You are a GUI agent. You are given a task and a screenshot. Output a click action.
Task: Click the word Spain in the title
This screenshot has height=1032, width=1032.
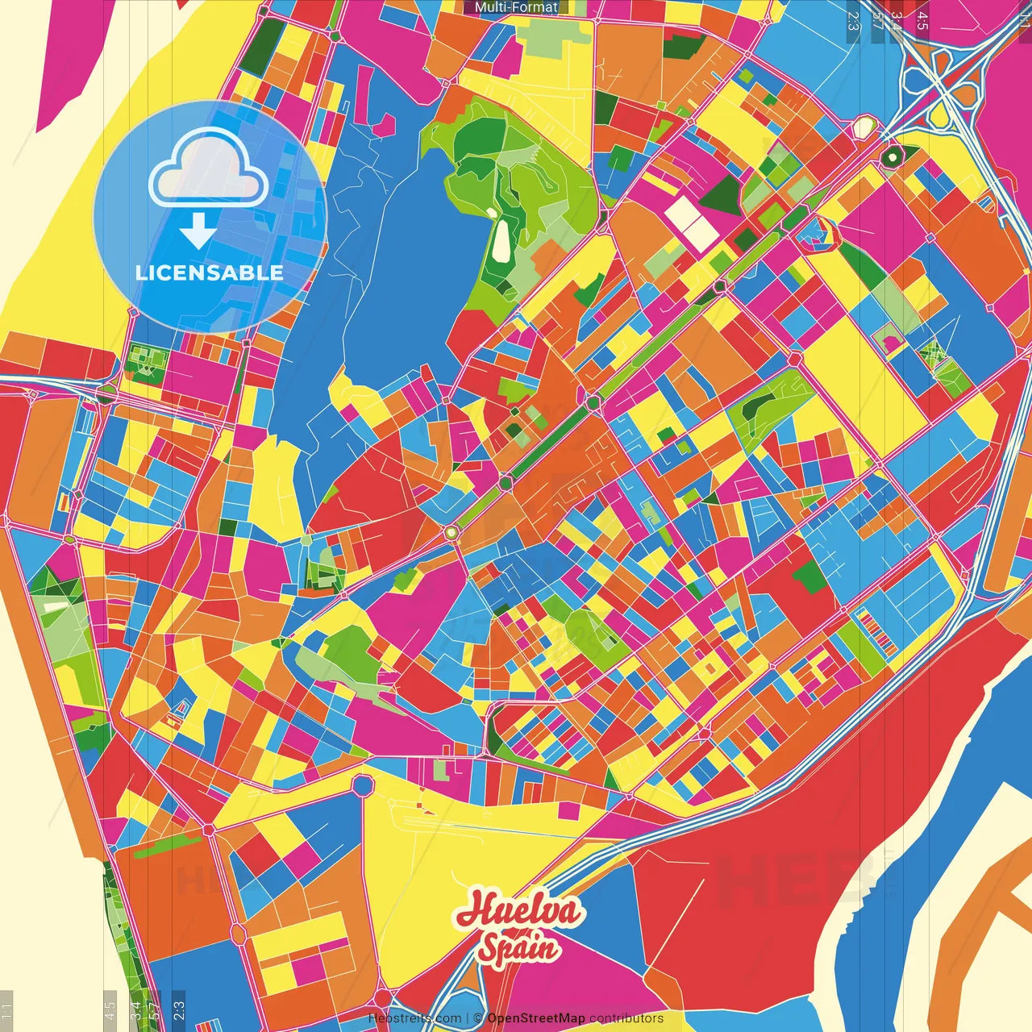click(518, 947)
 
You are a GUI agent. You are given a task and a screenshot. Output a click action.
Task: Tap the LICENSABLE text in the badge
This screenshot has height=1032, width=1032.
click(210, 273)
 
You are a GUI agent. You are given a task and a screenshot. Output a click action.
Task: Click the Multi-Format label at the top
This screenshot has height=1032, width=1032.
click(516, 7)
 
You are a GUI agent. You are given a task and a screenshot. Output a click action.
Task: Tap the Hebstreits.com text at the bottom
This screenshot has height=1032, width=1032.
click(414, 1018)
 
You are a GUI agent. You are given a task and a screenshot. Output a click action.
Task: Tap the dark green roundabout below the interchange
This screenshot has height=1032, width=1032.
click(892, 156)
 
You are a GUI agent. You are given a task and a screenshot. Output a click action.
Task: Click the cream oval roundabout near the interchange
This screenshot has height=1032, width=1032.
click(863, 127)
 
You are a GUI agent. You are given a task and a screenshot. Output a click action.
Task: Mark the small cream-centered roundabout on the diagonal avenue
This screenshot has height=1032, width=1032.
click(451, 532)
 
